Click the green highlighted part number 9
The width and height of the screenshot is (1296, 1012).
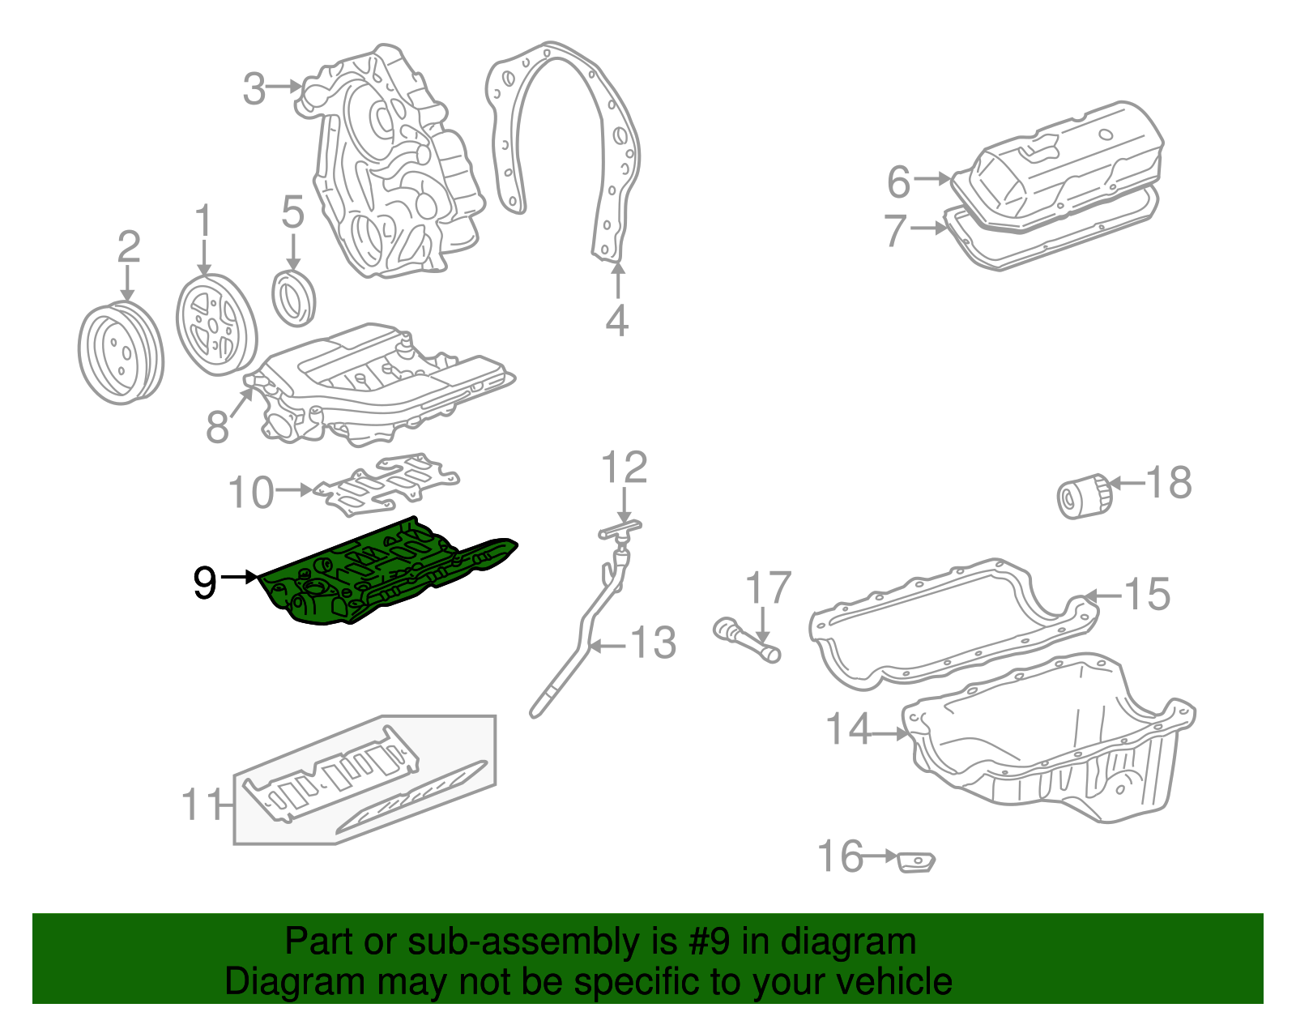pyautogui.click(x=381, y=575)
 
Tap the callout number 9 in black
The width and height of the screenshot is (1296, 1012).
pyautogui.click(x=205, y=582)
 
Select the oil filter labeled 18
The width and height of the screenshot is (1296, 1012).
pyautogui.click(x=1082, y=495)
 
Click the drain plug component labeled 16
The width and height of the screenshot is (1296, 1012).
pyautogui.click(x=917, y=862)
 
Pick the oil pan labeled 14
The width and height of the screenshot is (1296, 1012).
pyautogui.click(x=1053, y=745)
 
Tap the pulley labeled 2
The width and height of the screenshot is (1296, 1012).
pyautogui.click(x=120, y=353)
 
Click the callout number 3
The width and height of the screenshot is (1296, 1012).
pyautogui.click(x=254, y=88)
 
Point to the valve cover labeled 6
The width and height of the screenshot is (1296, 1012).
pyautogui.click(x=1061, y=166)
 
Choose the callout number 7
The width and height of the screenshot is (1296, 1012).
pyautogui.click(x=894, y=230)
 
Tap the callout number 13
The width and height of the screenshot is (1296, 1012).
pyautogui.click(x=654, y=643)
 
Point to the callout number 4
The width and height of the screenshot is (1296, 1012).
pyautogui.click(x=616, y=321)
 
